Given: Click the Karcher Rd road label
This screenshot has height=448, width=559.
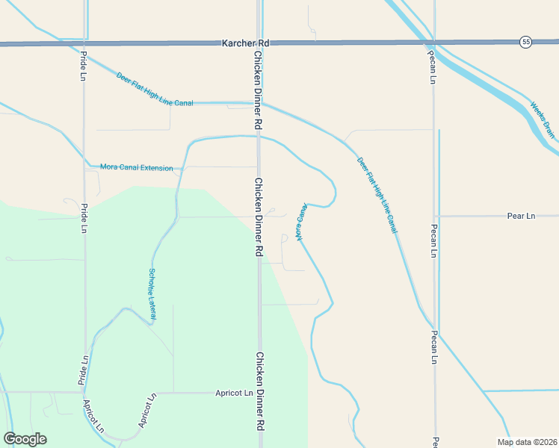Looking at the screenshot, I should point(245,43).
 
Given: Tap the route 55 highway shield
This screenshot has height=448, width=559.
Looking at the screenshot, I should point(526,43).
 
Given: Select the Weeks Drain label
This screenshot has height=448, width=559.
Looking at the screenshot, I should point(543,119).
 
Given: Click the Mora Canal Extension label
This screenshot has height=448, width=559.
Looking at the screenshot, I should point(136,168).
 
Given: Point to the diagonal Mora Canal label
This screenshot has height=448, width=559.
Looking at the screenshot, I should point(301,222).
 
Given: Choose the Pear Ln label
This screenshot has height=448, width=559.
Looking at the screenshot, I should point(521,216).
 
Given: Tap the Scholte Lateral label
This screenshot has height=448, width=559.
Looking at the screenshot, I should point(152,294).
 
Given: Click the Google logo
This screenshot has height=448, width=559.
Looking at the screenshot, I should point(25,439).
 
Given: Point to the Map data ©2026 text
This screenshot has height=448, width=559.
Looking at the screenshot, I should point(527,442).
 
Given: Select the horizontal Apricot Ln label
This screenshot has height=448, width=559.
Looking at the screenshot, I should point(234,392).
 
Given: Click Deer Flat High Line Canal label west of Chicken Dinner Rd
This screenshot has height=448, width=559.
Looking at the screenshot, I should point(155,88).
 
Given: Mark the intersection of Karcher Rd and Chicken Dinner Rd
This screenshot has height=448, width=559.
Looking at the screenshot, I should point(259,43).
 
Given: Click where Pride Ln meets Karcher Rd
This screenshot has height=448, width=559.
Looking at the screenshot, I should point(84,44).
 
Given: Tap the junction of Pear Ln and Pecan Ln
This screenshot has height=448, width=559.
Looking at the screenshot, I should point(435,216).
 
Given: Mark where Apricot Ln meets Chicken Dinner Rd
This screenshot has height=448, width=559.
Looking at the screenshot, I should point(259,392).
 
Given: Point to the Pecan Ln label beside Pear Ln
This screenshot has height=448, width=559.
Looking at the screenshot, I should point(433,240).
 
